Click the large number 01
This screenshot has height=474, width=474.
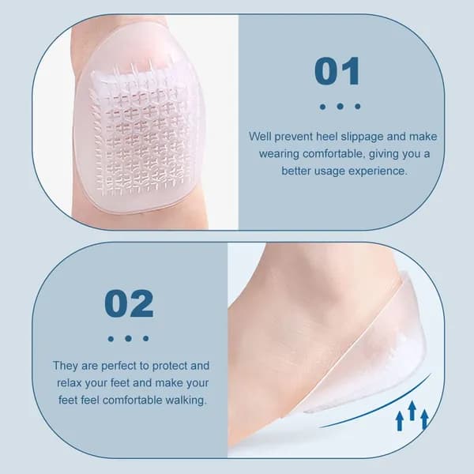click(337, 71)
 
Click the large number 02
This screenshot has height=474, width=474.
click(129, 303)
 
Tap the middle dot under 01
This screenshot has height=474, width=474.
click(340, 106)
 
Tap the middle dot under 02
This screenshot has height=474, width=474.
click(128, 338)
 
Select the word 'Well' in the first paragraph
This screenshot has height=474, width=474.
click(260, 137)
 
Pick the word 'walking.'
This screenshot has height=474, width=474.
click(186, 401)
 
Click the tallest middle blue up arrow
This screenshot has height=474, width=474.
click(412, 410)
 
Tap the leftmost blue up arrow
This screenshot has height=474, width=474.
click(400, 421)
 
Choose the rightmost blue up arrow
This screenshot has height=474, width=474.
click(424, 419)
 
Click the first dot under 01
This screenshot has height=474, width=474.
click(322, 107)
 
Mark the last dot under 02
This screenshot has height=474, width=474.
click(145, 338)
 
